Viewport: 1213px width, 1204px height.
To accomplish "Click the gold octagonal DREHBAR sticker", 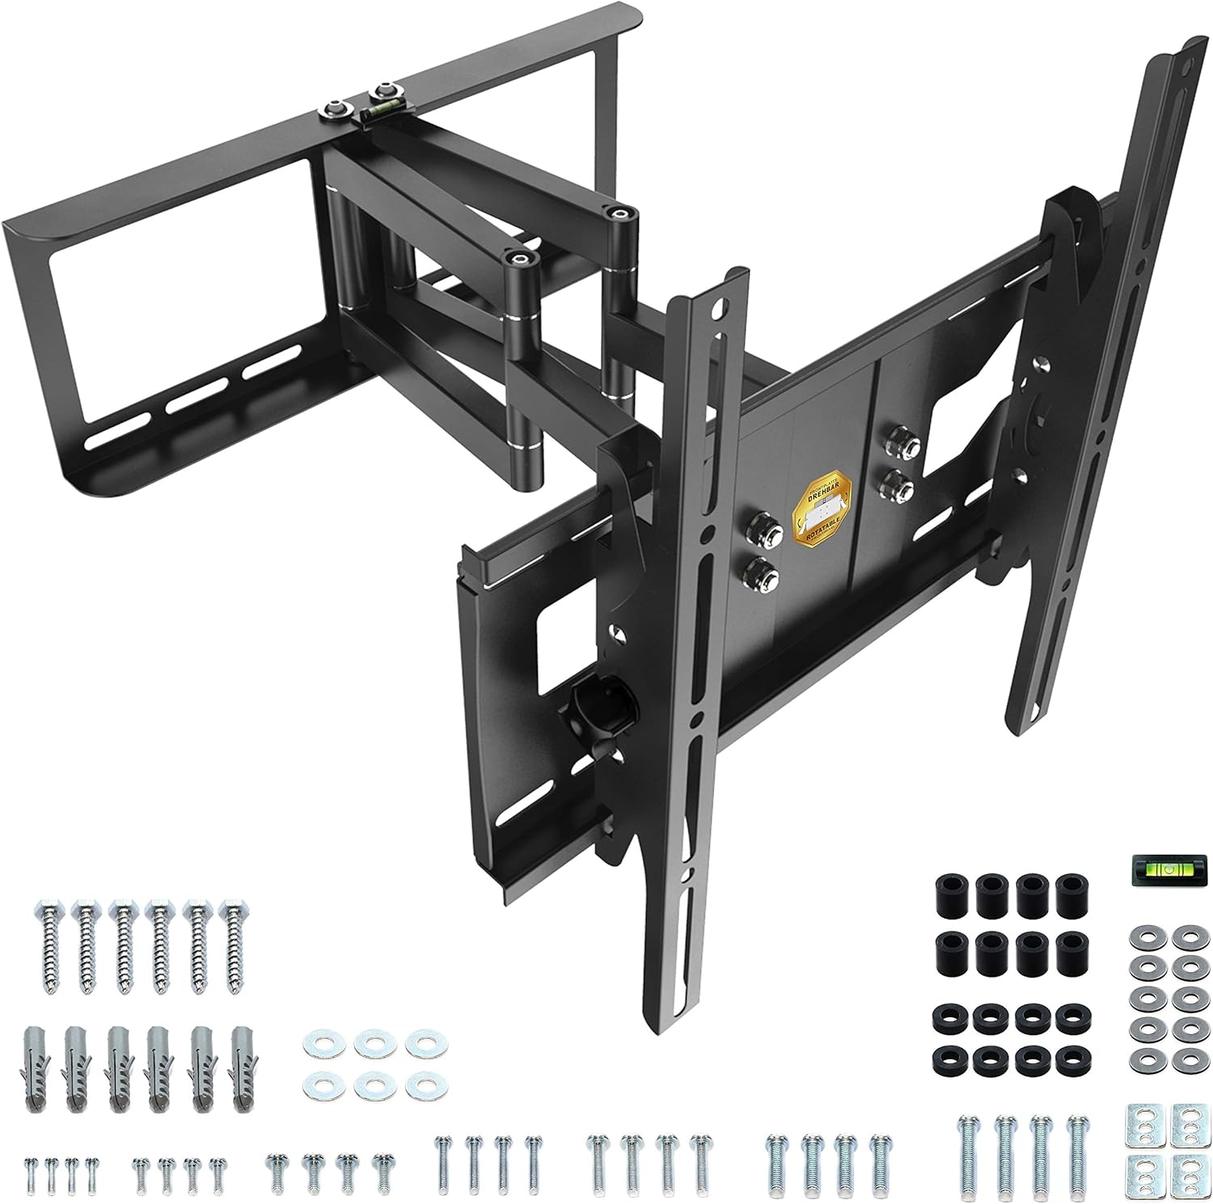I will (826, 514).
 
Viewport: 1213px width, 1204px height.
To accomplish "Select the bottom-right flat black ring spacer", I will (1071, 1058).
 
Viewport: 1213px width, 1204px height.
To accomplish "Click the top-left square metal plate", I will (1139, 1122).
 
